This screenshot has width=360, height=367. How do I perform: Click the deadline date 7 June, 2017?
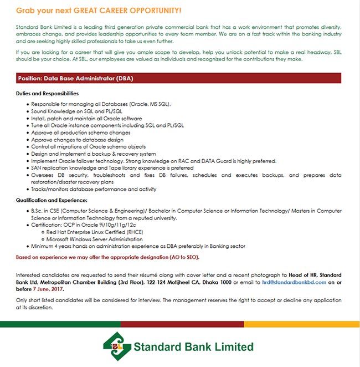49,289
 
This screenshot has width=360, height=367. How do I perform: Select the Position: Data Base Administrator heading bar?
179,79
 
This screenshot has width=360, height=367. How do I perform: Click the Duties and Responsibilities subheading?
48,94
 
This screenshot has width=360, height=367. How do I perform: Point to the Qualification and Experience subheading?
52,200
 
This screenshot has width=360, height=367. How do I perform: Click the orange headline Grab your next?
99,11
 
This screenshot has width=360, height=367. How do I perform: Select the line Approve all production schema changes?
81,133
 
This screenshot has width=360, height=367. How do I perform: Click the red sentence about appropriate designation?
107,257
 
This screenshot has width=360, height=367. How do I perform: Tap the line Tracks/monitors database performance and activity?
94,189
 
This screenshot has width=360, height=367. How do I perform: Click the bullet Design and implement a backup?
94,154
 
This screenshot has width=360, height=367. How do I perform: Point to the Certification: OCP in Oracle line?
85,225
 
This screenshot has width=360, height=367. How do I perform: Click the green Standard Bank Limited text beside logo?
193,348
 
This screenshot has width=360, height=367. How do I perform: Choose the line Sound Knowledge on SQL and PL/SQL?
77,111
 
